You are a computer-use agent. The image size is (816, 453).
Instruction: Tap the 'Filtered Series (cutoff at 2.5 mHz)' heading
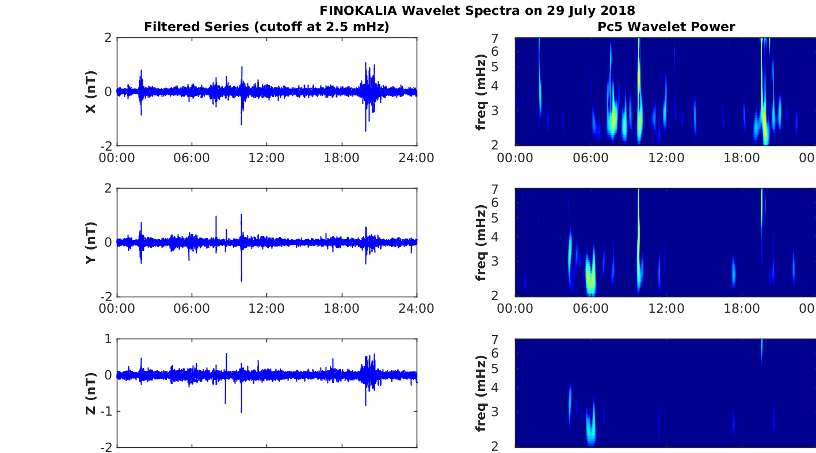(x=266, y=26)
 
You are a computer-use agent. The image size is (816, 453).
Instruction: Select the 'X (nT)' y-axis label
(x=90, y=92)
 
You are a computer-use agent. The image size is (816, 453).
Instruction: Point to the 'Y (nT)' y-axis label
(x=90, y=243)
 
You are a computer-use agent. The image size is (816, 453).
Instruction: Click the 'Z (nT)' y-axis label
(x=90, y=393)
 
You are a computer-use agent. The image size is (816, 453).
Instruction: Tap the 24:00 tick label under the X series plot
(x=417, y=158)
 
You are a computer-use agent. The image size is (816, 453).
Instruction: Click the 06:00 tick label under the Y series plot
(x=192, y=308)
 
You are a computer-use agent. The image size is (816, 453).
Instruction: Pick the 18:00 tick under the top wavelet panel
(x=741, y=158)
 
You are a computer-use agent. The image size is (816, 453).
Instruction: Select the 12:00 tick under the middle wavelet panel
(x=666, y=308)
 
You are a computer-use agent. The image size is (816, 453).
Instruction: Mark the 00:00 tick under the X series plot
(x=117, y=158)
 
